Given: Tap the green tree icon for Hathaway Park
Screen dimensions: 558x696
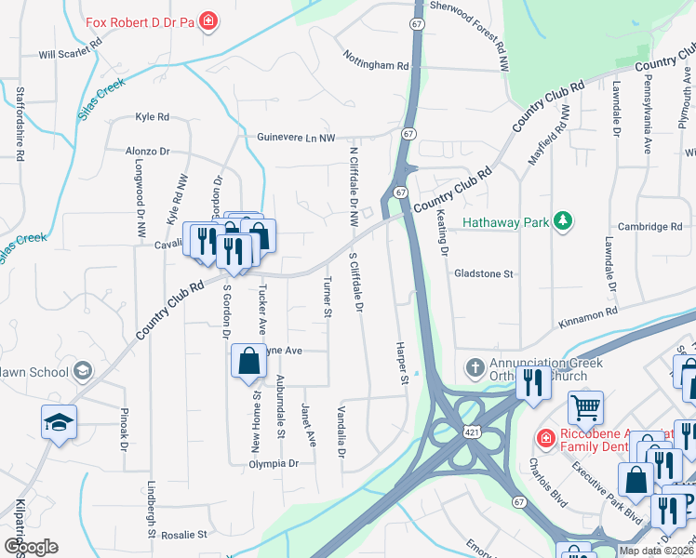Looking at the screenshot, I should click(x=562, y=220).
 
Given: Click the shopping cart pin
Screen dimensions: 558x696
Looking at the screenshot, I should click(x=585, y=406).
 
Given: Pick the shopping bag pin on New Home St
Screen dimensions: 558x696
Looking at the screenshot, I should click(x=248, y=362).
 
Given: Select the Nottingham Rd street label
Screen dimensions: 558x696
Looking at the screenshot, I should click(x=376, y=66).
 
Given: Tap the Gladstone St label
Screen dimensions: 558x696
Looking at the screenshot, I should click(x=483, y=274).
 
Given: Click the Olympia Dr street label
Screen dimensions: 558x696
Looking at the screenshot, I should click(x=273, y=462).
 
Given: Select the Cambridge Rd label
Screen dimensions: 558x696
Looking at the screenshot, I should click(x=649, y=226).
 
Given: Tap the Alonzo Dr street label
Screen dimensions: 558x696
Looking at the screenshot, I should click(x=148, y=151).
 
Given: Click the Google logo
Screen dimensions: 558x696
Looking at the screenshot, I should click(x=31, y=546).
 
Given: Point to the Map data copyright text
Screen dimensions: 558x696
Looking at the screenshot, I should click(x=656, y=551).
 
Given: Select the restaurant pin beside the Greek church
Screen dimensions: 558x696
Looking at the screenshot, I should click(x=533, y=383).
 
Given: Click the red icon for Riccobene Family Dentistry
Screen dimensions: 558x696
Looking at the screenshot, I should click(x=544, y=436).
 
